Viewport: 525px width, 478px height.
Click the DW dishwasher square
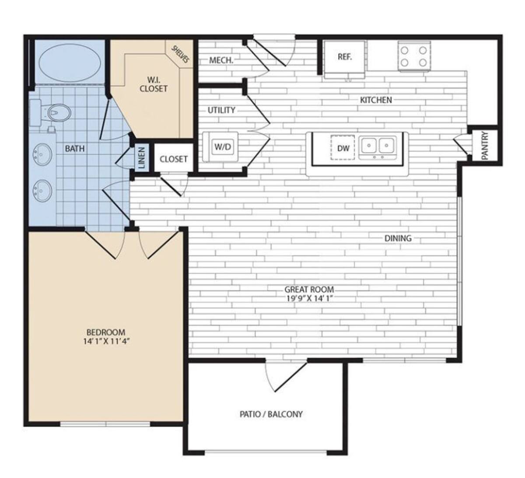[x=343, y=148]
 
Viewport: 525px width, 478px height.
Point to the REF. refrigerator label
[x=345, y=57]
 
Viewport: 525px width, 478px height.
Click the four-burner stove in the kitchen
[x=414, y=56]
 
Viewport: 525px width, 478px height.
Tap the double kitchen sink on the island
[x=378, y=145]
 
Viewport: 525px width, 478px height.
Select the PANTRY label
[x=485, y=146]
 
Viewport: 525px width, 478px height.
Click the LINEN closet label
[x=141, y=158]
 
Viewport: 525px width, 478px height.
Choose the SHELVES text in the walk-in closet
[x=180, y=54]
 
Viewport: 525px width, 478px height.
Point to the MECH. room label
[x=221, y=60]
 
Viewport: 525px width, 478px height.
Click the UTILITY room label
[x=221, y=110]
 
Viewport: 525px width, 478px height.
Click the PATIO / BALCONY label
[x=271, y=414]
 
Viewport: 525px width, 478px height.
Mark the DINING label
[x=398, y=238]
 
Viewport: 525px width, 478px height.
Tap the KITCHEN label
[x=376, y=100]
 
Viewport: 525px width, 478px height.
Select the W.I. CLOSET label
[x=154, y=84]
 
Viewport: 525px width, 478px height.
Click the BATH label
[x=75, y=149]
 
